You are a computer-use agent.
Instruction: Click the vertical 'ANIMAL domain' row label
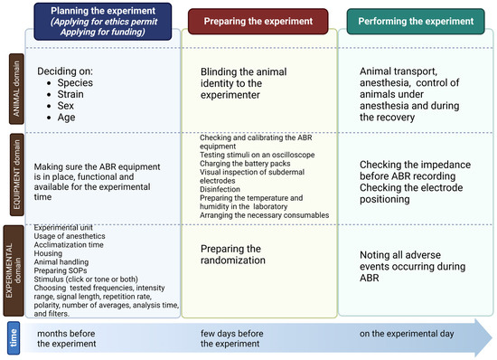[x=14, y=90]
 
